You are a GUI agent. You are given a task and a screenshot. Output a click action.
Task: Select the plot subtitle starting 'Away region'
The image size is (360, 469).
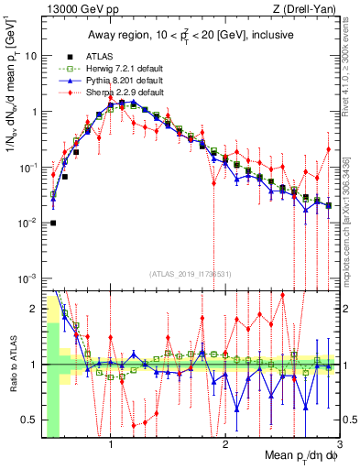pyautogui.click(x=191, y=35)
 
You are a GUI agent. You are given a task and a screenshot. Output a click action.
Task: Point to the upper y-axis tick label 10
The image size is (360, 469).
pyautogui.click(x=30, y=56)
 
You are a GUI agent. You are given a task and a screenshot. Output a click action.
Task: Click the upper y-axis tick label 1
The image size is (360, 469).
pyautogui.click(x=33, y=112)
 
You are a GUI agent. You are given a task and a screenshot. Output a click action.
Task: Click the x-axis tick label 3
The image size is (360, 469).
pyautogui.click(x=339, y=446)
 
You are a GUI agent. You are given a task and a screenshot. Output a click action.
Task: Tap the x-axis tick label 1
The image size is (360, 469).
pyautogui.click(x=111, y=446)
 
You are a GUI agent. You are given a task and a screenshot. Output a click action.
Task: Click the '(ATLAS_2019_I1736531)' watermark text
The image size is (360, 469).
pyautogui.click(x=191, y=275)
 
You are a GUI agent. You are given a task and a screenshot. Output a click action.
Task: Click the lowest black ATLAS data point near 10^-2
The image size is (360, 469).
pyautogui.click(x=53, y=223)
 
